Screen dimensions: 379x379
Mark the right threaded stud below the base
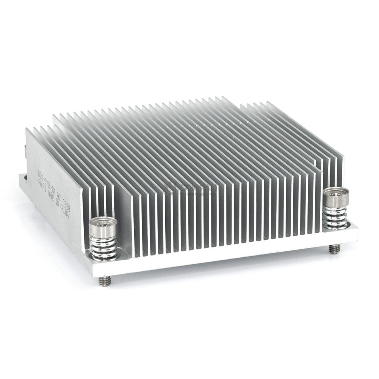click(333, 249)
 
